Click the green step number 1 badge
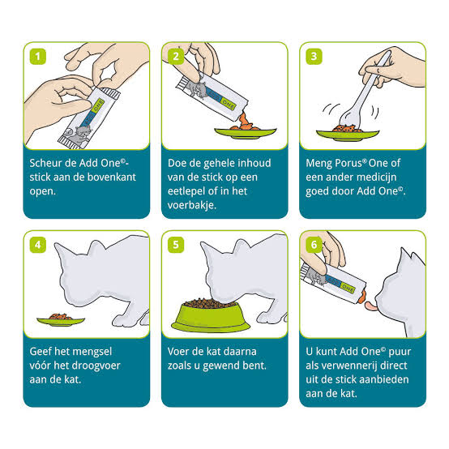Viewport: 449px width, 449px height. click(x=38, y=57)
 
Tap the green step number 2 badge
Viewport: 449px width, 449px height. click(x=176, y=57)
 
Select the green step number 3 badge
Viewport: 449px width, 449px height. click(x=314, y=57)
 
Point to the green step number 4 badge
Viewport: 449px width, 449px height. click(x=38, y=245)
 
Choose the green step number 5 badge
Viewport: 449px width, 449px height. click(x=176, y=245)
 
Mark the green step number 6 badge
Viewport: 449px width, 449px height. click(x=314, y=245)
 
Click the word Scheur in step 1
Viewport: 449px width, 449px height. click(x=46, y=163)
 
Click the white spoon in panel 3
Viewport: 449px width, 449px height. click(x=364, y=92)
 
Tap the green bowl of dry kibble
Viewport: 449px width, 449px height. click(x=211, y=315)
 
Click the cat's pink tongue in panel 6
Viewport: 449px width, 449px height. click(x=371, y=306)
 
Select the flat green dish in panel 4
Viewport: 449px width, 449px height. click(x=61, y=321)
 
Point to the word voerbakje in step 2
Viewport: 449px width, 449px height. click(x=191, y=205)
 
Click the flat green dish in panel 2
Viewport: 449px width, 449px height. click(x=246, y=133)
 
